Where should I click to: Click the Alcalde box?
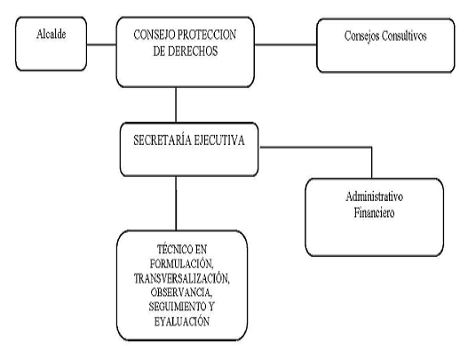coord(51,44)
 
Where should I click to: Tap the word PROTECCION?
coord(207,35)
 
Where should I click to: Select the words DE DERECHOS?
coord(186,51)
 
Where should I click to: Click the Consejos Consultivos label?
coord(385,36)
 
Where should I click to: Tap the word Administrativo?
coord(374,196)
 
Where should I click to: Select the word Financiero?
coord(374,212)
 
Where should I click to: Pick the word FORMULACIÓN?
coord(181,263)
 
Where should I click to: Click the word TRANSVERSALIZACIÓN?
coord(181,278)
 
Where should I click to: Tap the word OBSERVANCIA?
coord(181,292)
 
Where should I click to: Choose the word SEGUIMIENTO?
coord(174,307)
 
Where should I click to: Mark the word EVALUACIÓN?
coord(182,322)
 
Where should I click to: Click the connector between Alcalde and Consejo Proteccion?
coord(101,44)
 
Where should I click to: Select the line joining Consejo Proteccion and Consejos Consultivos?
coord(286,44)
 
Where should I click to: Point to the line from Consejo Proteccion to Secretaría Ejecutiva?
coord(176,105)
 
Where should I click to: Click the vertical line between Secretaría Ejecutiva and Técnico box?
coord(176,204)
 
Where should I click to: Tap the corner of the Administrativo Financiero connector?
coord(371,147)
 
